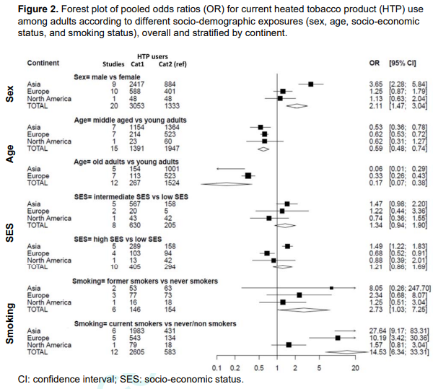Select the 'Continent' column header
43,64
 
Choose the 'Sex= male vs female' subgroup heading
108,77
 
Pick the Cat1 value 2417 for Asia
139,84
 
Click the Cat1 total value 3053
139,105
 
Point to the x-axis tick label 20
355,368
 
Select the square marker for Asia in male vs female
311,84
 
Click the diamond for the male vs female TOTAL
295,105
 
